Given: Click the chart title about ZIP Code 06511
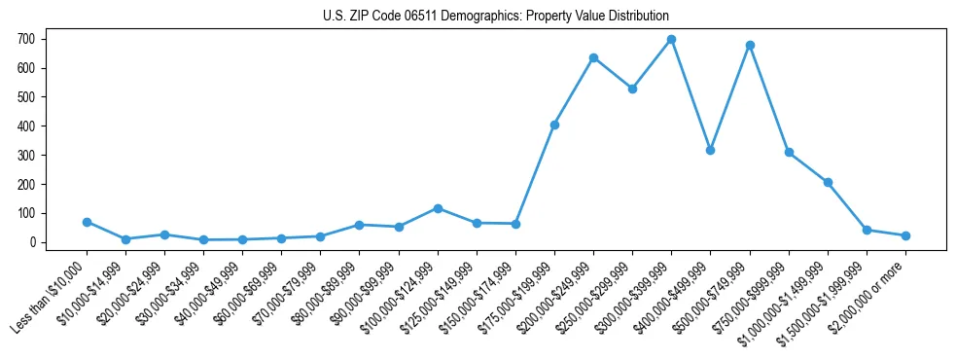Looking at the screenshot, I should tap(496, 17).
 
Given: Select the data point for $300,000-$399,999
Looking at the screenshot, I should tap(671, 40).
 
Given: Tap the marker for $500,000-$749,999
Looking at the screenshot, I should tap(750, 45).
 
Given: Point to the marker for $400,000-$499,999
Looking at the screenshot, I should tap(710, 150).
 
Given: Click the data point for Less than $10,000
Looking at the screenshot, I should tap(87, 222).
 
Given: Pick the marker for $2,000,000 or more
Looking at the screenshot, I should tap(905, 235).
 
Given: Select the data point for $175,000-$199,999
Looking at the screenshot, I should tap(554, 125).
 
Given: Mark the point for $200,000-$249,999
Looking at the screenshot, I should tap(593, 57).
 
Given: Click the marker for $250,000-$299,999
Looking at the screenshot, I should tap(632, 89).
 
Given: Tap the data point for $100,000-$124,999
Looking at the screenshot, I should tap(438, 208).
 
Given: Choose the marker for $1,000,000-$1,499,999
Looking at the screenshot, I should tap(828, 182).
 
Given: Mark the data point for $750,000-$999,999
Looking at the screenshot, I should tap(789, 152).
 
